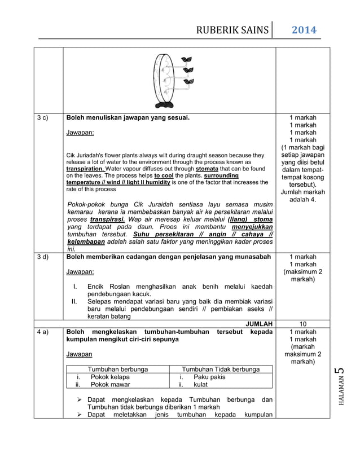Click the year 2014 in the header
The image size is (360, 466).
[304, 29]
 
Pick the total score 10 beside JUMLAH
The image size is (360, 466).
[302, 324]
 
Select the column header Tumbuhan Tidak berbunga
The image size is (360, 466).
[221, 369]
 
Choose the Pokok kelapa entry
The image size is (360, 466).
[110, 377]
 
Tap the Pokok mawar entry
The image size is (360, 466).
[110, 385]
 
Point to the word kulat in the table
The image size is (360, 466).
[200, 385]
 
